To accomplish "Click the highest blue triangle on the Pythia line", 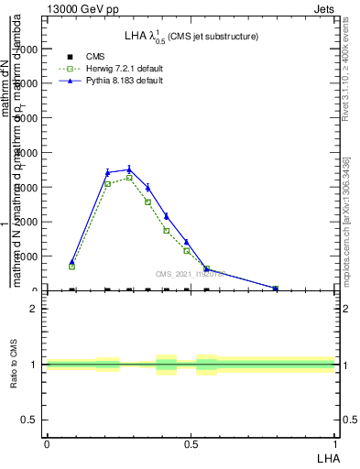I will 129,169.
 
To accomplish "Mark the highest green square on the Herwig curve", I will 129,178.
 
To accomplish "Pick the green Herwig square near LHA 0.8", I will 275,289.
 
